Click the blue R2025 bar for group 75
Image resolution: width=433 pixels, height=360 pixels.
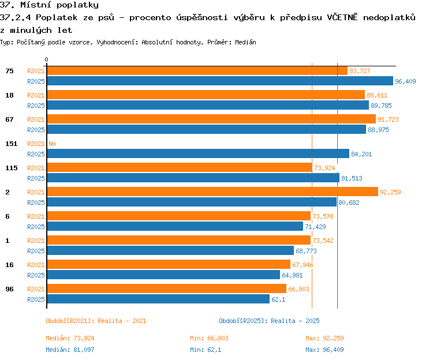tap(220, 81)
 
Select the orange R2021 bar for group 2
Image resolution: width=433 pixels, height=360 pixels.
tap(212, 192)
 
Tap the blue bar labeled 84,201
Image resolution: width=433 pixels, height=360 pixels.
tap(198, 153)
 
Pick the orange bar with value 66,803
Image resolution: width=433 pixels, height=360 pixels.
tap(167, 288)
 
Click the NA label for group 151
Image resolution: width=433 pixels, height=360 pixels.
tap(52, 144)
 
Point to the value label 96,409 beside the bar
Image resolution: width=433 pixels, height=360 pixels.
tap(405, 81)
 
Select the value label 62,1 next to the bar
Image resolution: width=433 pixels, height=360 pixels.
tap(278, 299)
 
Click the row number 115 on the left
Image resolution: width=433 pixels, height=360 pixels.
tap(12, 168)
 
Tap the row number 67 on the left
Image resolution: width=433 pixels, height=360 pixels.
tap(9, 119)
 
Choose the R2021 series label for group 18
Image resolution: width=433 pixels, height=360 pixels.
tap(36, 95)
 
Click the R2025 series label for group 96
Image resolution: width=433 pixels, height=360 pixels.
tap(36, 299)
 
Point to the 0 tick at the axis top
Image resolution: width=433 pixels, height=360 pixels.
tap(46, 59)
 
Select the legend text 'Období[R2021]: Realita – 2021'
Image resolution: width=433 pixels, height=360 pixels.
tap(96, 321)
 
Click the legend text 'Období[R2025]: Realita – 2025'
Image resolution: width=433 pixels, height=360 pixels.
tap(269, 321)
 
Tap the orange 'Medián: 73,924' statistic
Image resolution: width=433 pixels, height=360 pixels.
tap(70, 338)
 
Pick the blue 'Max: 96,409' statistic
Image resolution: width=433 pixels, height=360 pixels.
tap(324, 350)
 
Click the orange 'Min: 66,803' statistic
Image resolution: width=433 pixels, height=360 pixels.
tap(209, 338)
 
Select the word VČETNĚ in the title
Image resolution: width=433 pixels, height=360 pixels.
tap(342, 17)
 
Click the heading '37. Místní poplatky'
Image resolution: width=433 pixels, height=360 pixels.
tap(49, 5)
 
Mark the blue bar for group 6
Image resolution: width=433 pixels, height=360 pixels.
tap(175, 227)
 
